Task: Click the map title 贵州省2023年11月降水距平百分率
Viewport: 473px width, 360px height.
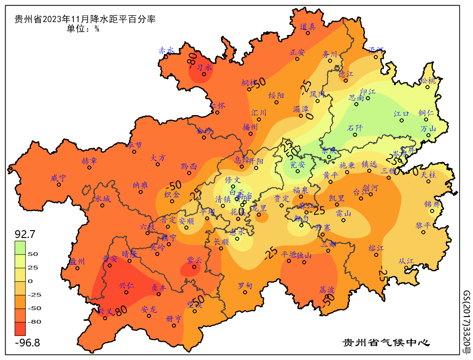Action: coord(85,19)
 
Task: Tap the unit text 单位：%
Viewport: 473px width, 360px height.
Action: coord(83,29)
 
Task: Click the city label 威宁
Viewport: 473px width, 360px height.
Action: coord(59,178)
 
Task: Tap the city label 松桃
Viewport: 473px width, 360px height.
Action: coord(428,81)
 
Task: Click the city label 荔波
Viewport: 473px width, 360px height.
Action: coord(327,290)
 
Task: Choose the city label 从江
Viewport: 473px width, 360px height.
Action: coord(406,261)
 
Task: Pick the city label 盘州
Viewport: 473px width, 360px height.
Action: coord(77,262)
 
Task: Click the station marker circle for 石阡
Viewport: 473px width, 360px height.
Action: coord(355,134)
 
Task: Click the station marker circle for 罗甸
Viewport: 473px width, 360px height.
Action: coord(245,292)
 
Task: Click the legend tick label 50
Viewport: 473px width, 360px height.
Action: coord(33,254)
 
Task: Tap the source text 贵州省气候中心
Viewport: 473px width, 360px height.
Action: coord(386,343)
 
